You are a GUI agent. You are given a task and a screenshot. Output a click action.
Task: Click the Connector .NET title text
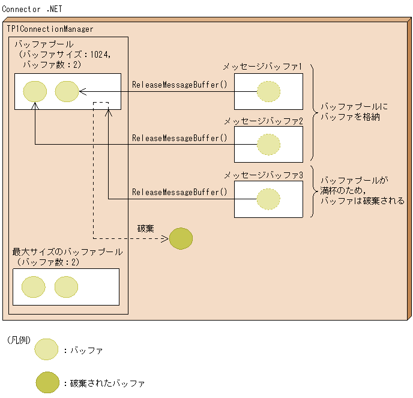coord(31,10)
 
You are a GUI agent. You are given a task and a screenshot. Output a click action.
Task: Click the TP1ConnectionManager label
coord(50,29)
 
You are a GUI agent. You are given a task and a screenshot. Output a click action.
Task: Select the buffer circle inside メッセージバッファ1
coord(268,92)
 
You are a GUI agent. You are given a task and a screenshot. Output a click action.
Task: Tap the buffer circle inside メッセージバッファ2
coord(268,144)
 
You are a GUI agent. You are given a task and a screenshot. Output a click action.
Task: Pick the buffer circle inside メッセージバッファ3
coord(268,199)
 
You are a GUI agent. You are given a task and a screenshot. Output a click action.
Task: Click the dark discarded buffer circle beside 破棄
coord(181,238)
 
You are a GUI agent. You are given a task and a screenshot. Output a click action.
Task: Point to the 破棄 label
coord(146,228)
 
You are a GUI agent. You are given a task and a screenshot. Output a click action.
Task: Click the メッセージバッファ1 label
coord(262,67)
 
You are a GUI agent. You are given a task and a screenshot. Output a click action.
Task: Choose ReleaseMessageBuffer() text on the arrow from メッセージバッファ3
coord(179,192)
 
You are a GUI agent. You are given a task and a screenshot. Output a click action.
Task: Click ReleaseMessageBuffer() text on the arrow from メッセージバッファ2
coord(179,138)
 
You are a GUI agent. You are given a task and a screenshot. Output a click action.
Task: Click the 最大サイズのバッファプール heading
coord(67,252)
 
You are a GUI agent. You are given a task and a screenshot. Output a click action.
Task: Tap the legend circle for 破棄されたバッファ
coord(47,382)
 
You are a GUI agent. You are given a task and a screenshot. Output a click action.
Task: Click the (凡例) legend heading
coord(19,340)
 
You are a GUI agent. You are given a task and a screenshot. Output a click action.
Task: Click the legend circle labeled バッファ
coord(47,349)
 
